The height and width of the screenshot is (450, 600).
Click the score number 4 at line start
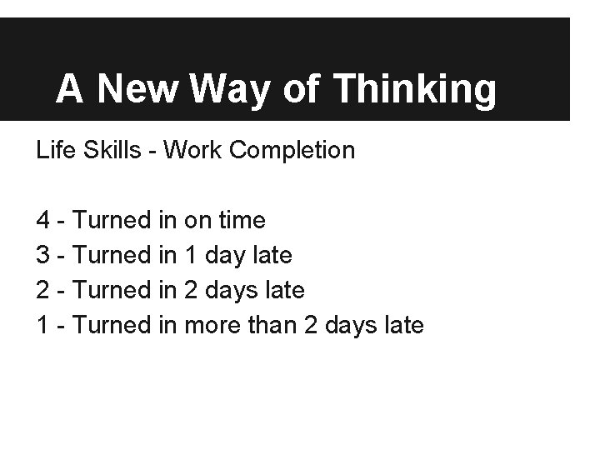tap(43, 221)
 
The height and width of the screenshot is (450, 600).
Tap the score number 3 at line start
tap(43, 255)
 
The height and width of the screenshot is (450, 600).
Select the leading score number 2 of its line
tap(43, 290)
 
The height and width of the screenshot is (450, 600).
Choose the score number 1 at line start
tap(43, 324)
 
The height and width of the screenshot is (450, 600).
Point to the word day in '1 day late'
tap(226, 256)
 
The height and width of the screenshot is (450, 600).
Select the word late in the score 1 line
tap(403, 324)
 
